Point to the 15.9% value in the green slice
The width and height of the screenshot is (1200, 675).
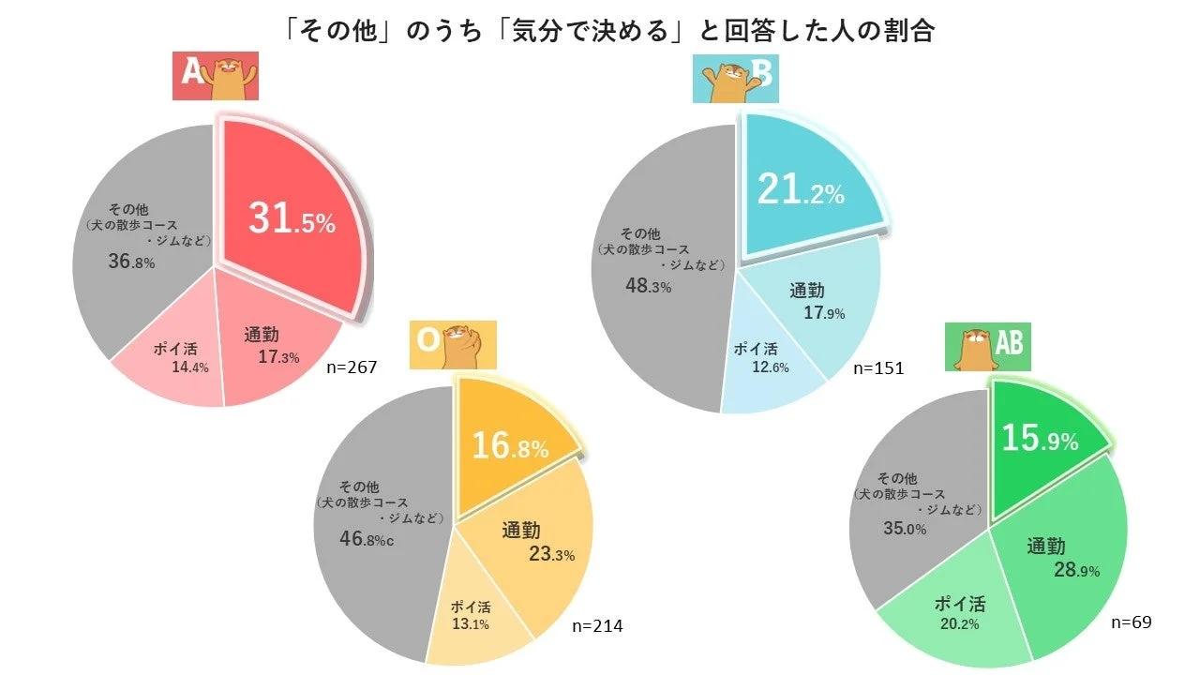click(x=1039, y=439)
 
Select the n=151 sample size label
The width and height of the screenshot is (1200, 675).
click(x=877, y=368)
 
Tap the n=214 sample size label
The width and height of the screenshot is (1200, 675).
click(x=596, y=625)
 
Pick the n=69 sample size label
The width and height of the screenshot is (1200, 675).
click(x=1131, y=622)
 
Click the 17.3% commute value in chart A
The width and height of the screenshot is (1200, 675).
click(x=278, y=357)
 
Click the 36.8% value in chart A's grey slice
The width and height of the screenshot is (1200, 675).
click(x=131, y=262)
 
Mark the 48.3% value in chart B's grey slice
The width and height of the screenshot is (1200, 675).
click(x=648, y=286)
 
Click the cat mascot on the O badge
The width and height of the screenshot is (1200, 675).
click(x=462, y=344)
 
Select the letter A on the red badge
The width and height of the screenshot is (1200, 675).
click(x=192, y=72)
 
